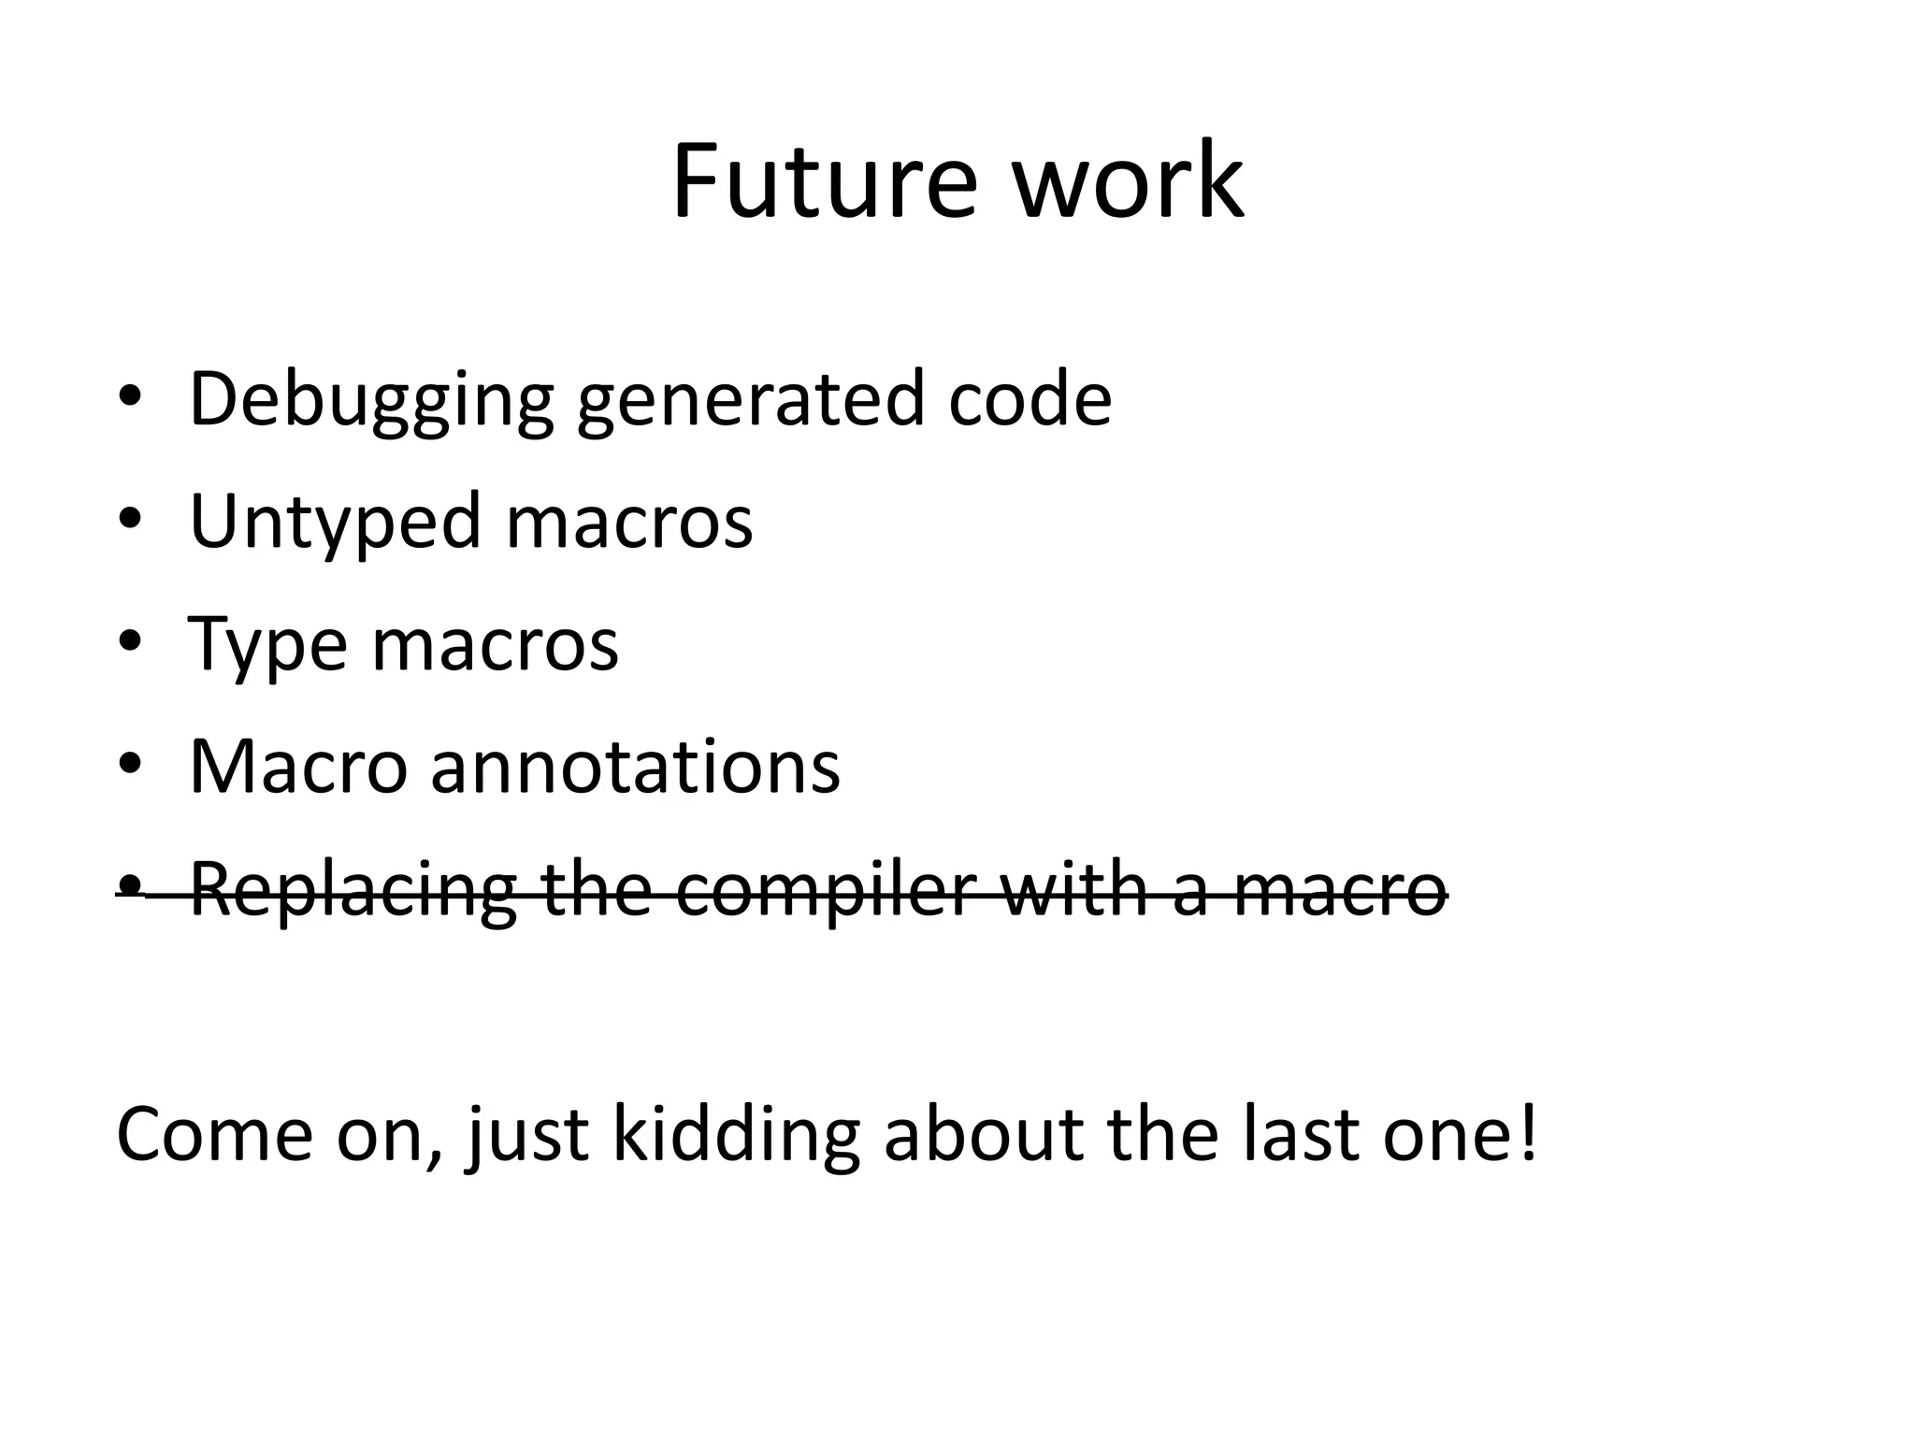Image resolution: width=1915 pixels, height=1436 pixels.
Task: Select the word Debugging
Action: pyautogui.click(x=371, y=400)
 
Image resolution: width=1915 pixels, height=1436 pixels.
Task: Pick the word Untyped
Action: pyautogui.click(x=337, y=522)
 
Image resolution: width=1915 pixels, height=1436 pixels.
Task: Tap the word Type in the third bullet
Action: pyautogui.click(x=266, y=645)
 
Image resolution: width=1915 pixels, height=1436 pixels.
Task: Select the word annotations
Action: pyautogui.click(x=635, y=767)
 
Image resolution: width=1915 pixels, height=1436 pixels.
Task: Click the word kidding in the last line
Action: pyautogui.click(x=735, y=1136)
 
